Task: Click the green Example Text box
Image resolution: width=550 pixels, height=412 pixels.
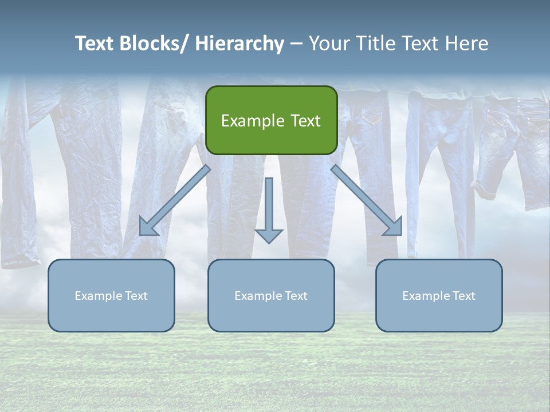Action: pos(271,120)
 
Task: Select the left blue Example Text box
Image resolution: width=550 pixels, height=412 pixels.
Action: pos(111,295)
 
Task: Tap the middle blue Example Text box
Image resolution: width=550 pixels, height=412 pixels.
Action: pos(271,295)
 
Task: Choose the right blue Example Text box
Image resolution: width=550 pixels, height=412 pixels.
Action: pos(439,295)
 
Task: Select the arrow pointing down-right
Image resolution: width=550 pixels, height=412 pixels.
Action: pos(367,200)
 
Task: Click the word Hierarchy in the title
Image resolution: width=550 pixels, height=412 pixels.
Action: pos(239,43)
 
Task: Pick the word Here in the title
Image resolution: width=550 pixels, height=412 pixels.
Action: pos(467,43)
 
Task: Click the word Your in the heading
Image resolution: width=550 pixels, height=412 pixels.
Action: pos(327,43)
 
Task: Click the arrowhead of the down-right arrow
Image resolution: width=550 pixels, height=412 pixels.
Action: pos(394,227)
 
